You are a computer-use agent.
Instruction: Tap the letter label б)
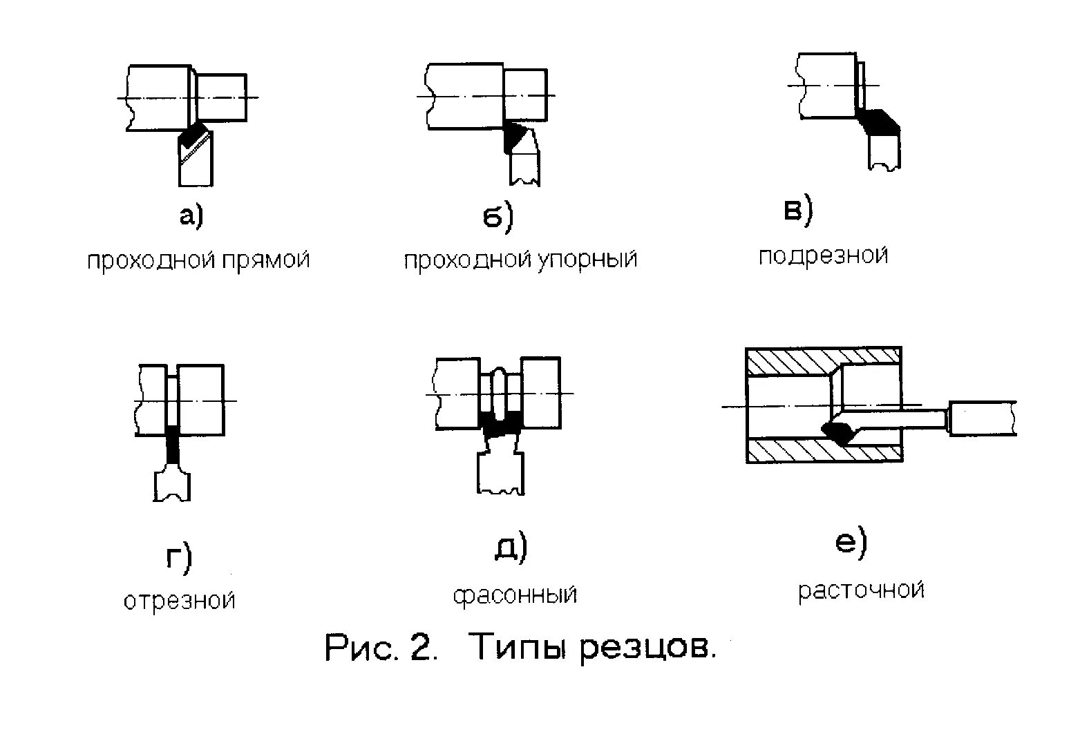(x=498, y=217)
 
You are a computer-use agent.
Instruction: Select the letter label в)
(x=798, y=211)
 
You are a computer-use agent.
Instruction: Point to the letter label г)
(x=179, y=558)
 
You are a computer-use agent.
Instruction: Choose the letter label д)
(x=511, y=549)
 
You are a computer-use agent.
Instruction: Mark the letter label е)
(x=851, y=543)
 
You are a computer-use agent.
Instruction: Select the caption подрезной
(x=823, y=257)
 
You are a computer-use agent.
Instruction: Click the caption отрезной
(x=180, y=601)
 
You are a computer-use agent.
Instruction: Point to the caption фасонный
(x=515, y=595)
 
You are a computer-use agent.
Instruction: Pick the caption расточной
(x=861, y=591)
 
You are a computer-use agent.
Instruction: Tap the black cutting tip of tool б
(x=512, y=137)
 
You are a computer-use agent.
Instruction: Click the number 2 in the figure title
(x=421, y=648)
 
